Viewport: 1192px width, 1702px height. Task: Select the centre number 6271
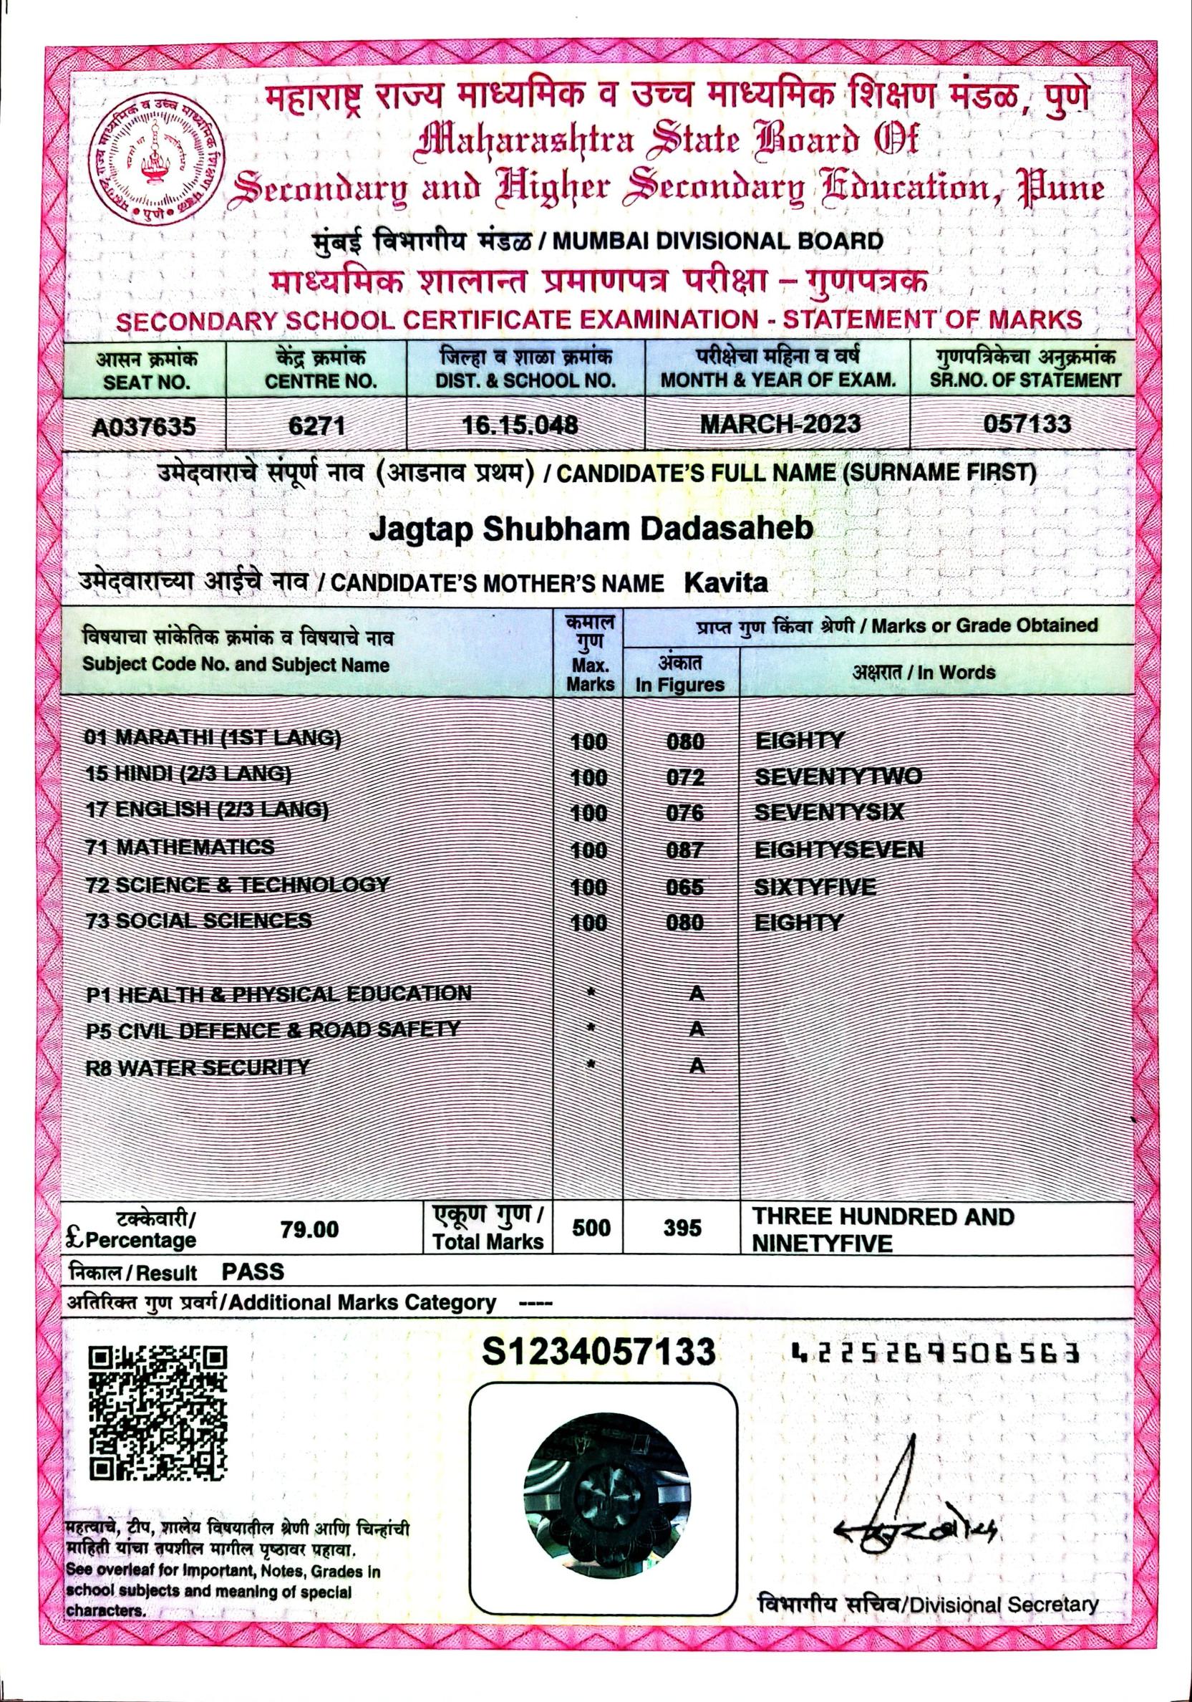(316, 425)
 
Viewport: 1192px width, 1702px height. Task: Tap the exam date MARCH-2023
(780, 423)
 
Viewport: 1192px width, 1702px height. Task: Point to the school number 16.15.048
(519, 425)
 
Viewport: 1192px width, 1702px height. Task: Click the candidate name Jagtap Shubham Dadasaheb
(591, 528)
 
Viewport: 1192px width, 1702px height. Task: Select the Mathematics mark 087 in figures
(684, 850)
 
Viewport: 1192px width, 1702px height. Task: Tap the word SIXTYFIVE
(815, 887)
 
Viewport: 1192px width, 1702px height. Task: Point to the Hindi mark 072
(684, 777)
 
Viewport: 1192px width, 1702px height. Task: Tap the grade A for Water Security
(696, 1066)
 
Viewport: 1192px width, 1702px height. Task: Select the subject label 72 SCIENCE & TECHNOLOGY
(237, 885)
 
